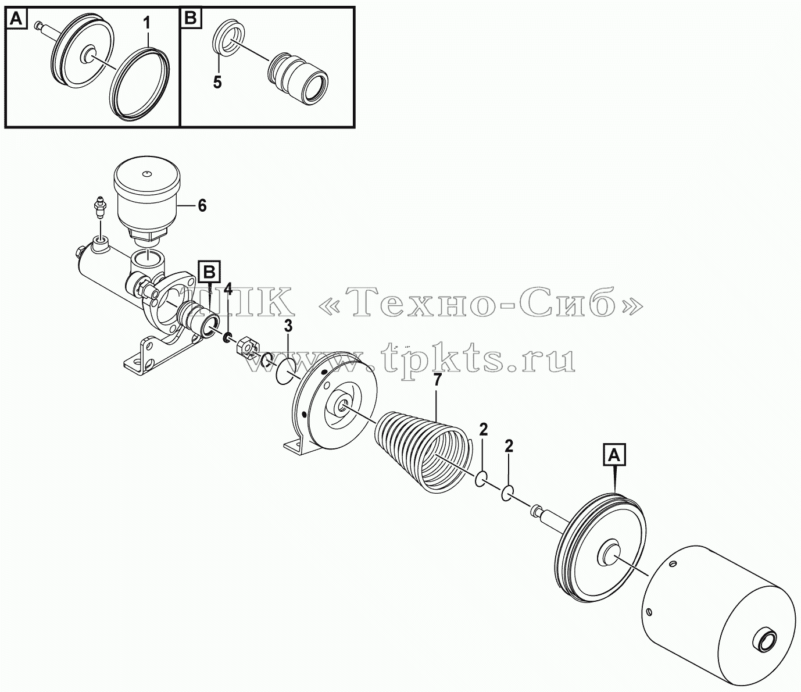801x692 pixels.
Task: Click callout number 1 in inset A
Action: click(x=146, y=24)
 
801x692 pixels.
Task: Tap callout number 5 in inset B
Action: click(x=217, y=82)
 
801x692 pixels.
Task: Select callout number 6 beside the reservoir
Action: click(x=202, y=206)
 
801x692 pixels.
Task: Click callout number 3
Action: click(x=288, y=326)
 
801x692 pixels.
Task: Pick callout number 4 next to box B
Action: click(x=228, y=288)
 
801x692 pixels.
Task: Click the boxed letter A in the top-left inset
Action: click(x=17, y=19)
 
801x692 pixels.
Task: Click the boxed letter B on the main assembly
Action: click(x=209, y=273)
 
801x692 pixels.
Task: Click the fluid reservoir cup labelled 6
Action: click(x=146, y=198)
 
